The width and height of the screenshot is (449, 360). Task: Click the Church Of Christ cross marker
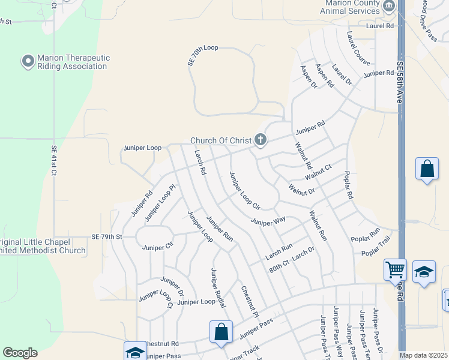pos(260,140)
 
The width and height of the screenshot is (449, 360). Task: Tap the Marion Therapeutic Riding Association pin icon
pos(28,62)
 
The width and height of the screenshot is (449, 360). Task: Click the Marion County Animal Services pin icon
pos(388,6)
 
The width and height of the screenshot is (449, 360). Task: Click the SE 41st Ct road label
pos(53,160)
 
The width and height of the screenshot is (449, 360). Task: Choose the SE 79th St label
pos(107,237)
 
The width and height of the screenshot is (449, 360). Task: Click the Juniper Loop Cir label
pos(244,190)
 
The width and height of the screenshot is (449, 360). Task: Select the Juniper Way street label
pos(268,222)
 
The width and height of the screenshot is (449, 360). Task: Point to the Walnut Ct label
pos(318,172)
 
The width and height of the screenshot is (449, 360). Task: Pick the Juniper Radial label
pos(218,287)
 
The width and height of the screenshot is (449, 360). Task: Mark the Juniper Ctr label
pos(157,247)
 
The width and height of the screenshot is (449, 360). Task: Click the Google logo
pos(20,353)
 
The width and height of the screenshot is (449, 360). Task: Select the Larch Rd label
pos(200,163)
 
